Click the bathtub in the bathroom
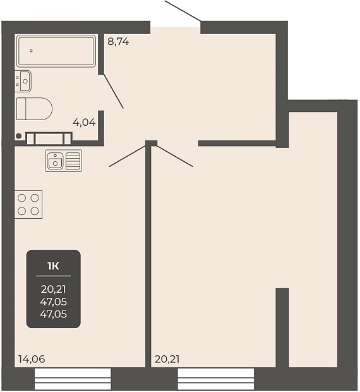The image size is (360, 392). tap(56, 51)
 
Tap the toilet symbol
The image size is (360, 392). tap(34, 109)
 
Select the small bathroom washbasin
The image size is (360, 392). tap(23, 81)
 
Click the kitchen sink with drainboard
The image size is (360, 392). tap(64, 161)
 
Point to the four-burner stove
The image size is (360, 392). tap(28, 204)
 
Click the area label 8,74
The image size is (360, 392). tap(118, 42)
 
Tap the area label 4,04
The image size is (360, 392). tap(84, 123)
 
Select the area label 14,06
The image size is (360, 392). tap(32, 359)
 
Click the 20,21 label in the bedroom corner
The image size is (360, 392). tap(167, 359)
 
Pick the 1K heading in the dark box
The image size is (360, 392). tap(54, 266)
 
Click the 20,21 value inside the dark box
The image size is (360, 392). tap(54, 289)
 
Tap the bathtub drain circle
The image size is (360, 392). tap(31, 51)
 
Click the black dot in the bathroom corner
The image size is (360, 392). tap(18, 136)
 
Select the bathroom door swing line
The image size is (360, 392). tap(113, 92)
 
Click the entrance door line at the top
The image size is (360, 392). tap(183, 11)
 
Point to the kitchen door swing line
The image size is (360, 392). tap(128, 156)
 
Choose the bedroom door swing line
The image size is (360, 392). tap(174, 156)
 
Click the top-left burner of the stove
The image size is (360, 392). tap(21, 199)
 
